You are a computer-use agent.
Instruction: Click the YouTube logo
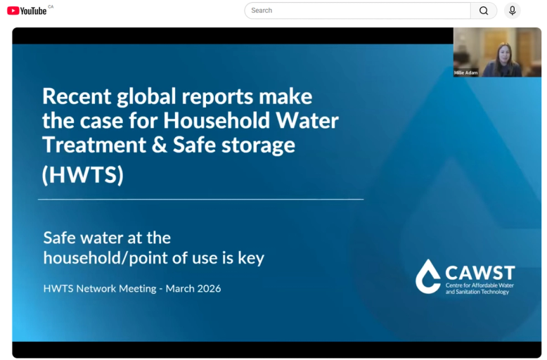tap(27, 11)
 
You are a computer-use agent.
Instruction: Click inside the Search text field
tap(357, 11)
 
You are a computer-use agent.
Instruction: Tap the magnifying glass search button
tap(484, 11)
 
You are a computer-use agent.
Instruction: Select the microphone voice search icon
tap(512, 11)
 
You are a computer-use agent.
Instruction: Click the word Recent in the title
tap(77, 96)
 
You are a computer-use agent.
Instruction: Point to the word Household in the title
tap(217, 121)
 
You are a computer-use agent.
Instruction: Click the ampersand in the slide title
tap(160, 145)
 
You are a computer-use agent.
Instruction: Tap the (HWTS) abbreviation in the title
tap(83, 174)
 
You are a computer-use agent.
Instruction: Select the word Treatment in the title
tap(94, 145)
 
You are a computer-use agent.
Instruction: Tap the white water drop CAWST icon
tap(428, 276)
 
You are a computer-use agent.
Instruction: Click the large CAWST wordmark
tap(480, 273)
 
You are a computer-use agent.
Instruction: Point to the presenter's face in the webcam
tap(505, 53)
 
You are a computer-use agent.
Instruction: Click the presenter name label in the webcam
tap(465, 72)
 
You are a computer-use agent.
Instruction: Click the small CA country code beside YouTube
tap(51, 6)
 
